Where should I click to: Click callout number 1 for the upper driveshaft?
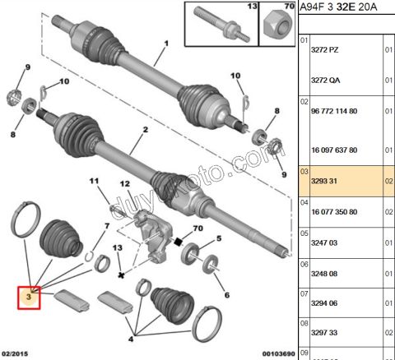(x=165, y=43)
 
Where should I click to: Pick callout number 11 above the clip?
(x=93, y=181)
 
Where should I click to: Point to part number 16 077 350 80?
(x=334, y=211)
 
